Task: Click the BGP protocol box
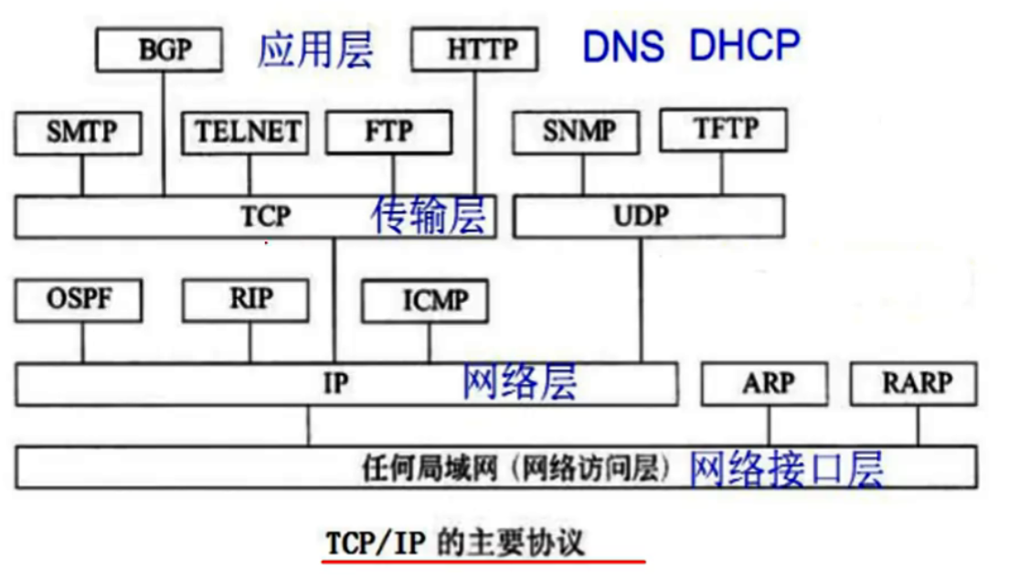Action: click(x=160, y=49)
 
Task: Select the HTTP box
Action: click(x=474, y=48)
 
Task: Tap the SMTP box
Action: click(x=79, y=132)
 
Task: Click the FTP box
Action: click(x=389, y=132)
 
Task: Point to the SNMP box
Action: click(x=577, y=132)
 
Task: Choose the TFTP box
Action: click(x=723, y=130)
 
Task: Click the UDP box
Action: click(x=648, y=216)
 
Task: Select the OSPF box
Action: click(x=79, y=300)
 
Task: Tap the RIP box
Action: click(x=245, y=300)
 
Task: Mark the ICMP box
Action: click(x=425, y=301)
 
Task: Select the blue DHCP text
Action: click(x=744, y=45)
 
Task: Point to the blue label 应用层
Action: click(x=315, y=49)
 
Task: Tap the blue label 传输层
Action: click(x=429, y=216)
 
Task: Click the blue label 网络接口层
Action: click(x=786, y=469)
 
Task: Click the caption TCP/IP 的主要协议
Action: click(x=454, y=543)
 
